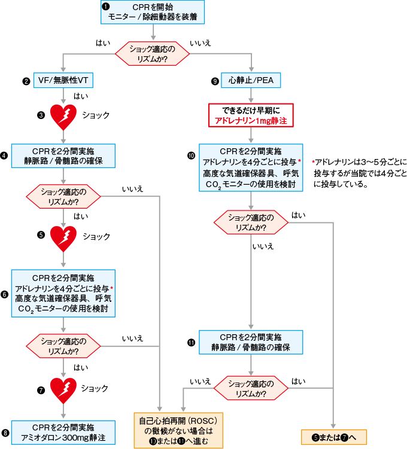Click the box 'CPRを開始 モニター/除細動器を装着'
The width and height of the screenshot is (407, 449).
154,13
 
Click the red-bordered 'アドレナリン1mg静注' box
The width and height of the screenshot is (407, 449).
250,115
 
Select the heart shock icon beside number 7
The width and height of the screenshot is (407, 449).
63,390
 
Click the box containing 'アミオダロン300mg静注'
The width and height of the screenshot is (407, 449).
63,433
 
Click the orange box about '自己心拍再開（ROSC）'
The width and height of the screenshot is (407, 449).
178,430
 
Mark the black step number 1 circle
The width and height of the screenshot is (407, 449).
105,7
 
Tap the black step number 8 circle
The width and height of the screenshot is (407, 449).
6,433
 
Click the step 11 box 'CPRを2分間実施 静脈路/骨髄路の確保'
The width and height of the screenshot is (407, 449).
250,343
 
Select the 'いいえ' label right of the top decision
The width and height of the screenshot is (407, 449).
201,43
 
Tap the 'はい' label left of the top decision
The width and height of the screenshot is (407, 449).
102,43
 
